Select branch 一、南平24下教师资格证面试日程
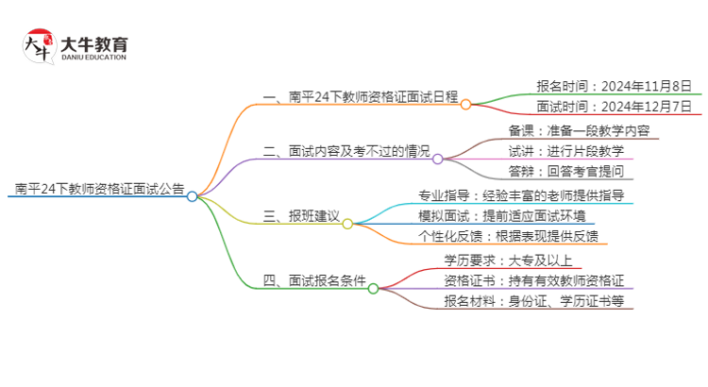coord(360,96)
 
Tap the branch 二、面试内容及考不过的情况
coord(346,151)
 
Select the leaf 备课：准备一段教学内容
coord(579,130)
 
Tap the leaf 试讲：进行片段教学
coord(565,151)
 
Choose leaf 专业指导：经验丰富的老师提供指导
coord(520,195)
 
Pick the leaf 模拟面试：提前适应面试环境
coord(520,216)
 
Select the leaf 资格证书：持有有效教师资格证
coord(533,280)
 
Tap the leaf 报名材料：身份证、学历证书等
coord(533,301)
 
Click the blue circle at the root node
coord(193,196)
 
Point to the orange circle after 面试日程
coord(465,105)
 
